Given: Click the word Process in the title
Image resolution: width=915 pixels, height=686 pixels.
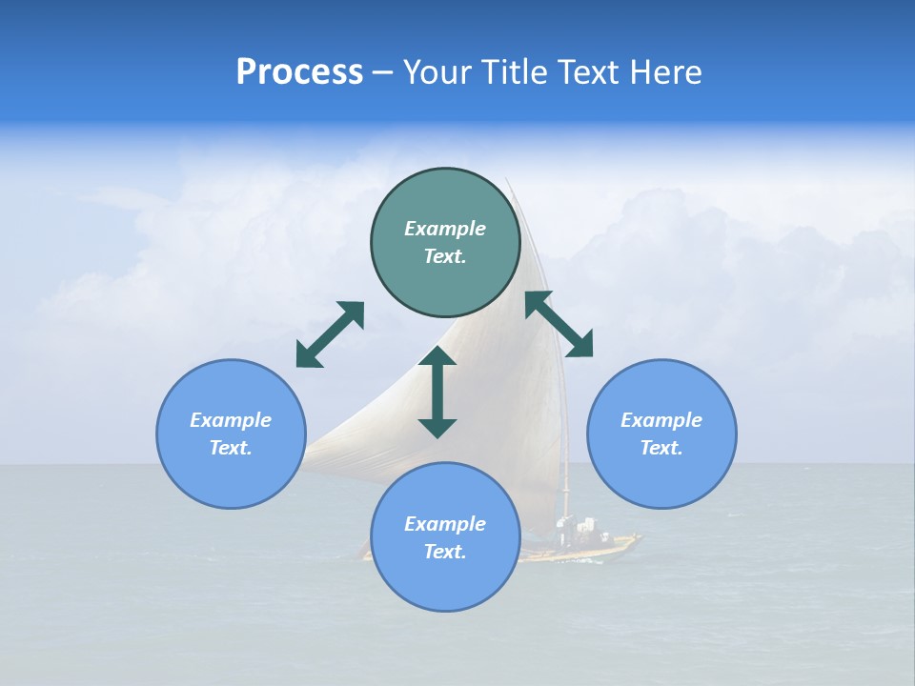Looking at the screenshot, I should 299,72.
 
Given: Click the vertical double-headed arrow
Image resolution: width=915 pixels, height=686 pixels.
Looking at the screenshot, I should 437,392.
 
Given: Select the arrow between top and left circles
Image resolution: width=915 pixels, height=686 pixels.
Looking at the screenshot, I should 330,334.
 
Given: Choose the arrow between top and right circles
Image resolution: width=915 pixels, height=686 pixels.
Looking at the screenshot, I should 559,324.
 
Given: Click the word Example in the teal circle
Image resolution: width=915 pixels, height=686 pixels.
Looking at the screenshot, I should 445,229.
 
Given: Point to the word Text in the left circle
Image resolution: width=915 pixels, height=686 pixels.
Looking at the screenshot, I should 231,448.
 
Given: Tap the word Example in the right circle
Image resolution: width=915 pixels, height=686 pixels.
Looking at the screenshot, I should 661,420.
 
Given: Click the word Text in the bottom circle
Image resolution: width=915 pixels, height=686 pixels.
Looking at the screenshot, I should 445,552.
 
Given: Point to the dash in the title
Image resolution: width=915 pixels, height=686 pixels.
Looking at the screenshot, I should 383,72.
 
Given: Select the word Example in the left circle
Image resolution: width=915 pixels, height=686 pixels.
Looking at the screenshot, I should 231,420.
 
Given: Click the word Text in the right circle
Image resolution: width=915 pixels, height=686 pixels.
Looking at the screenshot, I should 661,448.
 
